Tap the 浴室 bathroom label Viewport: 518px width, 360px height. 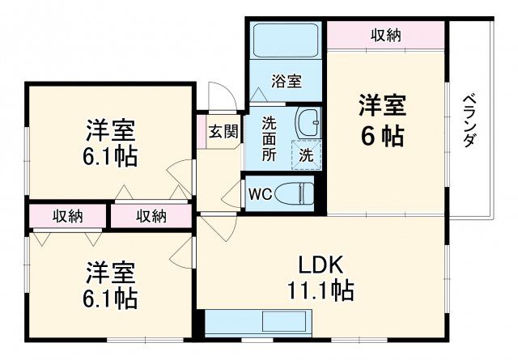(x=286, y=82)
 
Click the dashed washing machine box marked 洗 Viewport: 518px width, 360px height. (x=307, y=153)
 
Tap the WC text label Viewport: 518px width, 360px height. (x=260, y=194)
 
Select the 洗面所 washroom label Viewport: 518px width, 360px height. (x=269, y=138)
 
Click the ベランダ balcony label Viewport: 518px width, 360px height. (x=469, y=121)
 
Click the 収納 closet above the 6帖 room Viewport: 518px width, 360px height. (x=386, y=36)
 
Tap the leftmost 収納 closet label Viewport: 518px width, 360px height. (x=68, y=216)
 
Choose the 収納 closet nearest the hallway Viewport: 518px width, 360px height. (x=151, y=216)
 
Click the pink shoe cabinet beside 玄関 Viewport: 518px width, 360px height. (x=200, y=132)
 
